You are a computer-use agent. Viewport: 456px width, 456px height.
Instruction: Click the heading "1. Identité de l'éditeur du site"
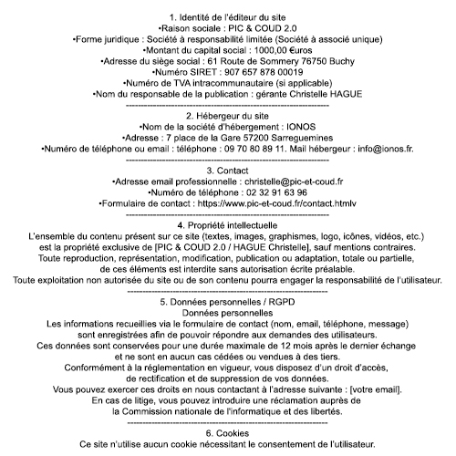[x=228, y=17]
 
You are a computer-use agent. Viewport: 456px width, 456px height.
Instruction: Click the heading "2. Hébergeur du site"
[x=228, y=117]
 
